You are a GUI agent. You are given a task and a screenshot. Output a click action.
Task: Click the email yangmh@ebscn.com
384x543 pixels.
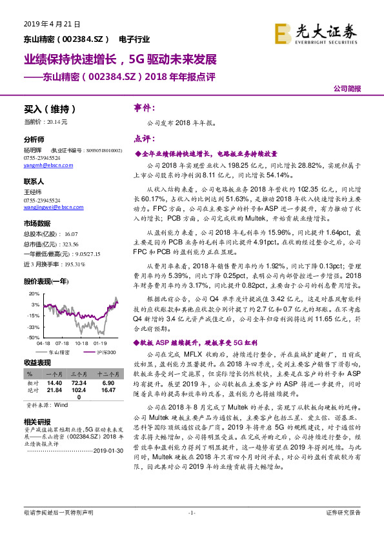[45, 164]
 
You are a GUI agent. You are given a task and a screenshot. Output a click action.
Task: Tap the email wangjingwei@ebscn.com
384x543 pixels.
[50, 208]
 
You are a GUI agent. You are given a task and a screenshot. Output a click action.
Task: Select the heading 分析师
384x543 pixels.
[34, 139]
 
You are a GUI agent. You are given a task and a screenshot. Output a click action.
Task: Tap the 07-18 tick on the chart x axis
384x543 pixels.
[62, 344]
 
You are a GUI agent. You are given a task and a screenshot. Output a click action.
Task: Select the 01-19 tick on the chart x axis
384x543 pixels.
[99, 344]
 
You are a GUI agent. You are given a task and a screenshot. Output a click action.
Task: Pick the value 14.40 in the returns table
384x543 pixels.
[54, 382]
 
